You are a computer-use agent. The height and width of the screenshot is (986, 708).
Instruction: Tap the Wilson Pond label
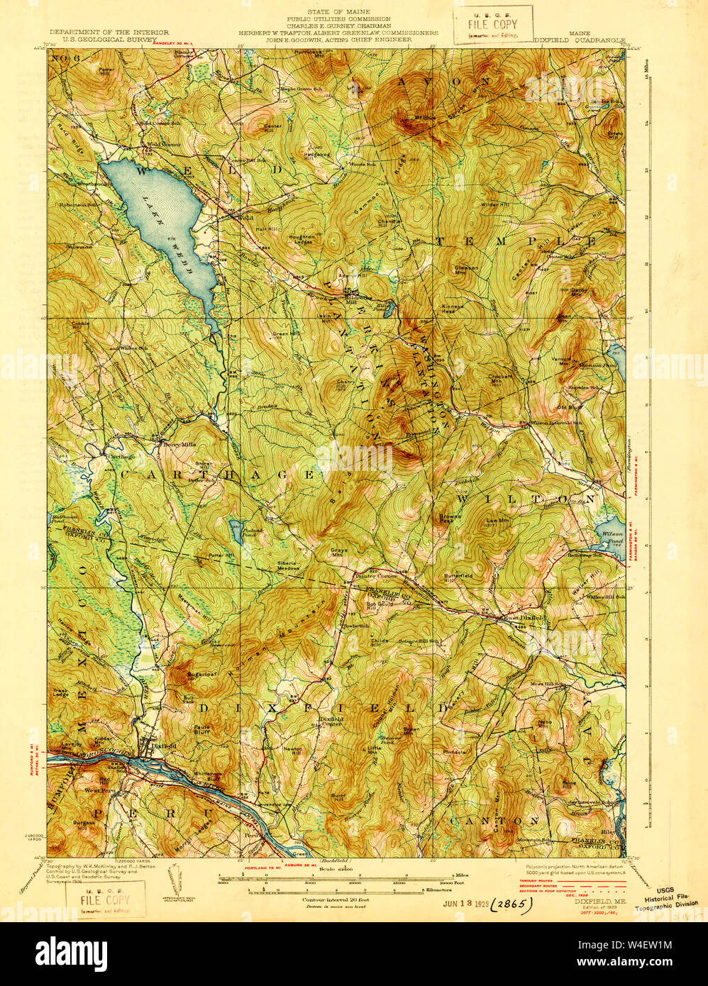pos(612,536)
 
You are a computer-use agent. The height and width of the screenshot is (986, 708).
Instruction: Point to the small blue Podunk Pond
pos(234,527)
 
